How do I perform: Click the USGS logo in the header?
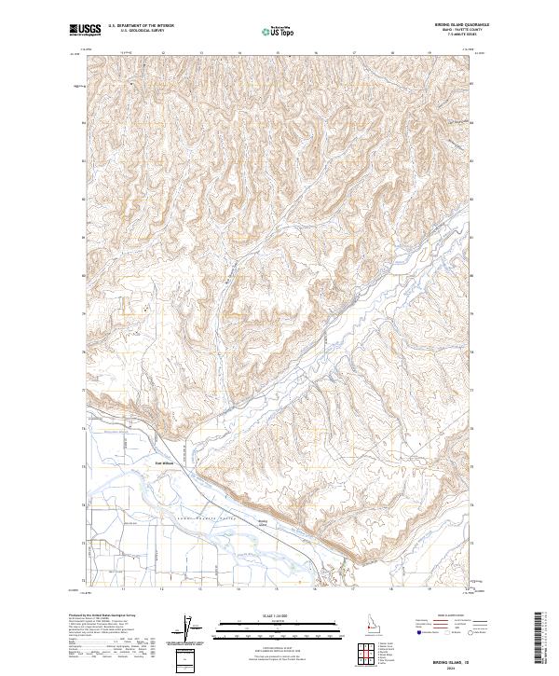coord(85,30)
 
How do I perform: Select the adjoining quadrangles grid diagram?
coord(364,654)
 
